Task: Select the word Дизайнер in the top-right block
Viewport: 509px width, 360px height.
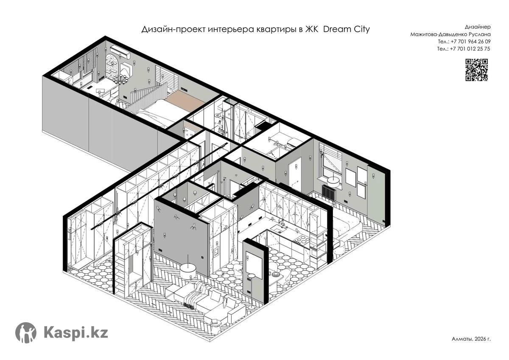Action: point(478,27)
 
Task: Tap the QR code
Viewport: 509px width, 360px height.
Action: point(476,70)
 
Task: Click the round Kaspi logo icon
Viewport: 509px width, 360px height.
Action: point(26,332)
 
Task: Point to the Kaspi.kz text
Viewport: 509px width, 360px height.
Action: point(76,333)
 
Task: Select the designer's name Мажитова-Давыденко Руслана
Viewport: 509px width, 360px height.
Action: point(450,34)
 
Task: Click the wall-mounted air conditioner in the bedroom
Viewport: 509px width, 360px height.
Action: point(120,51)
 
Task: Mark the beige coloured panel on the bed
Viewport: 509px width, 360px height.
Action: point(185,100)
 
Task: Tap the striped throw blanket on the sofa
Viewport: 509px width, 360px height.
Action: point(195,295)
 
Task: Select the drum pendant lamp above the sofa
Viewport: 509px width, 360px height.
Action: point(188,270)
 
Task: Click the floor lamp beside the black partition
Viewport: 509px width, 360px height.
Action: point(251,292)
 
